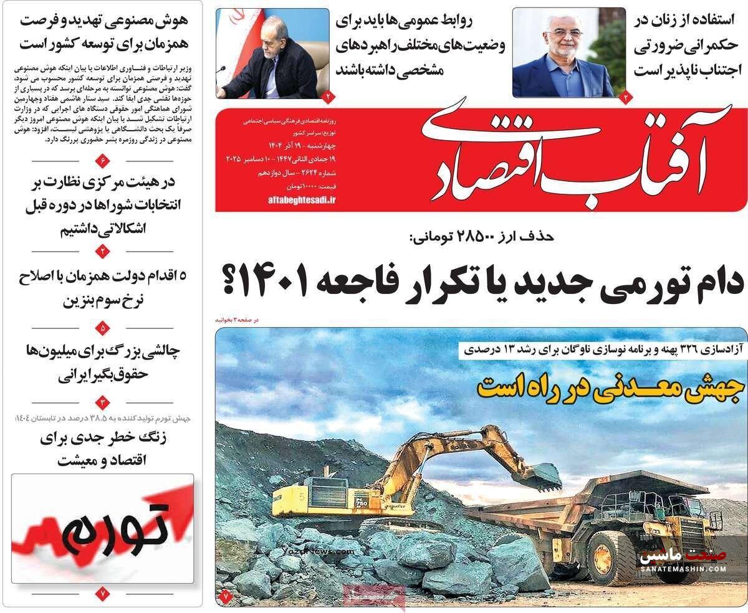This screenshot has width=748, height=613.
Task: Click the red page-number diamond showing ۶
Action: click(x=103, y=163)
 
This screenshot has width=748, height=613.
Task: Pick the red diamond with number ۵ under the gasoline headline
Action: click(x=103, y=326)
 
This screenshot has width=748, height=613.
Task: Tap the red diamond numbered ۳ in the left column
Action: click(x=103, y=402)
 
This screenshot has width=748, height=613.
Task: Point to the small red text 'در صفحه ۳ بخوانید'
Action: click(x=236, y=320)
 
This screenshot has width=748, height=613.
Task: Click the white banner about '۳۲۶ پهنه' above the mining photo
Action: click(x=602, y=351)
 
